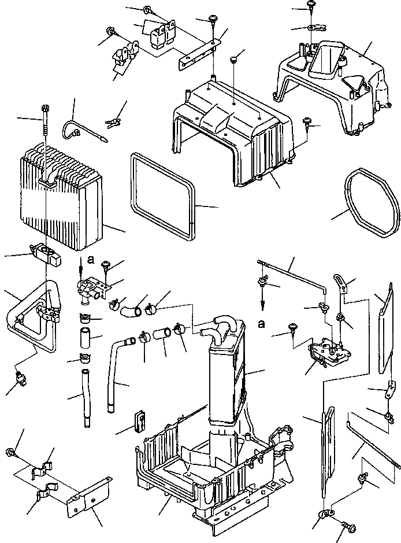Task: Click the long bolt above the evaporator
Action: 44,124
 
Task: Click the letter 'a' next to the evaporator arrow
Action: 90,260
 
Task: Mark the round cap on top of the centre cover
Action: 233,58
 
